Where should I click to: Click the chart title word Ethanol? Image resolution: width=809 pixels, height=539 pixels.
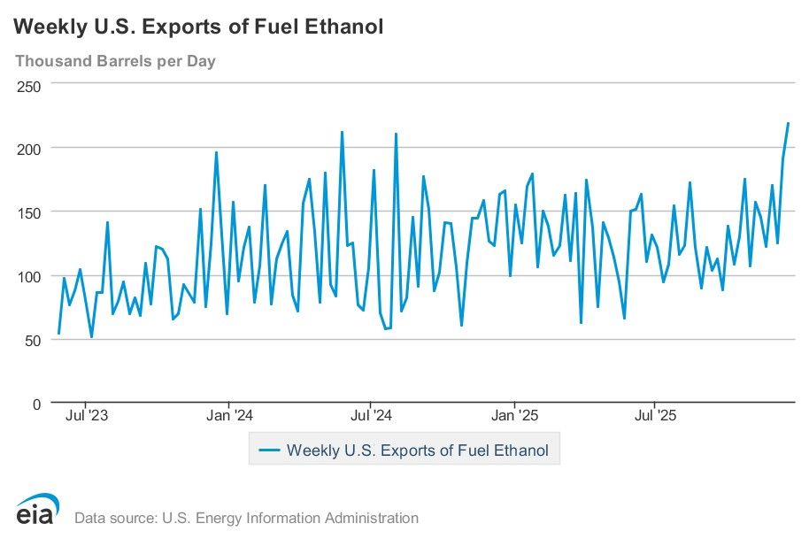[343, 27]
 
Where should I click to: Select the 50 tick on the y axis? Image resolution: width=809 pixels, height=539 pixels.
[33, 340]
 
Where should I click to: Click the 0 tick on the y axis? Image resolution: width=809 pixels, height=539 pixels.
[36, 404]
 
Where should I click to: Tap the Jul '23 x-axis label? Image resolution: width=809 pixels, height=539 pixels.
[88, 414]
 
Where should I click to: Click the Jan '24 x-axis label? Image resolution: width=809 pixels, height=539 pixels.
[229, 414]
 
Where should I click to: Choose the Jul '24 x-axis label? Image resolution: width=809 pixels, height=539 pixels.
[372, 414]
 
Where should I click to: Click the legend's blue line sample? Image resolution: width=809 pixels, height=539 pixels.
[269, 450]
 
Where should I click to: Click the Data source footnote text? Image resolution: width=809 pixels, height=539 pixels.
[246, 518]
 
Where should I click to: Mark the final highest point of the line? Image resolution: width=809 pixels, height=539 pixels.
[788, 123]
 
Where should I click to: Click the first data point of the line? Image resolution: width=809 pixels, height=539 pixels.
[58, 334]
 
